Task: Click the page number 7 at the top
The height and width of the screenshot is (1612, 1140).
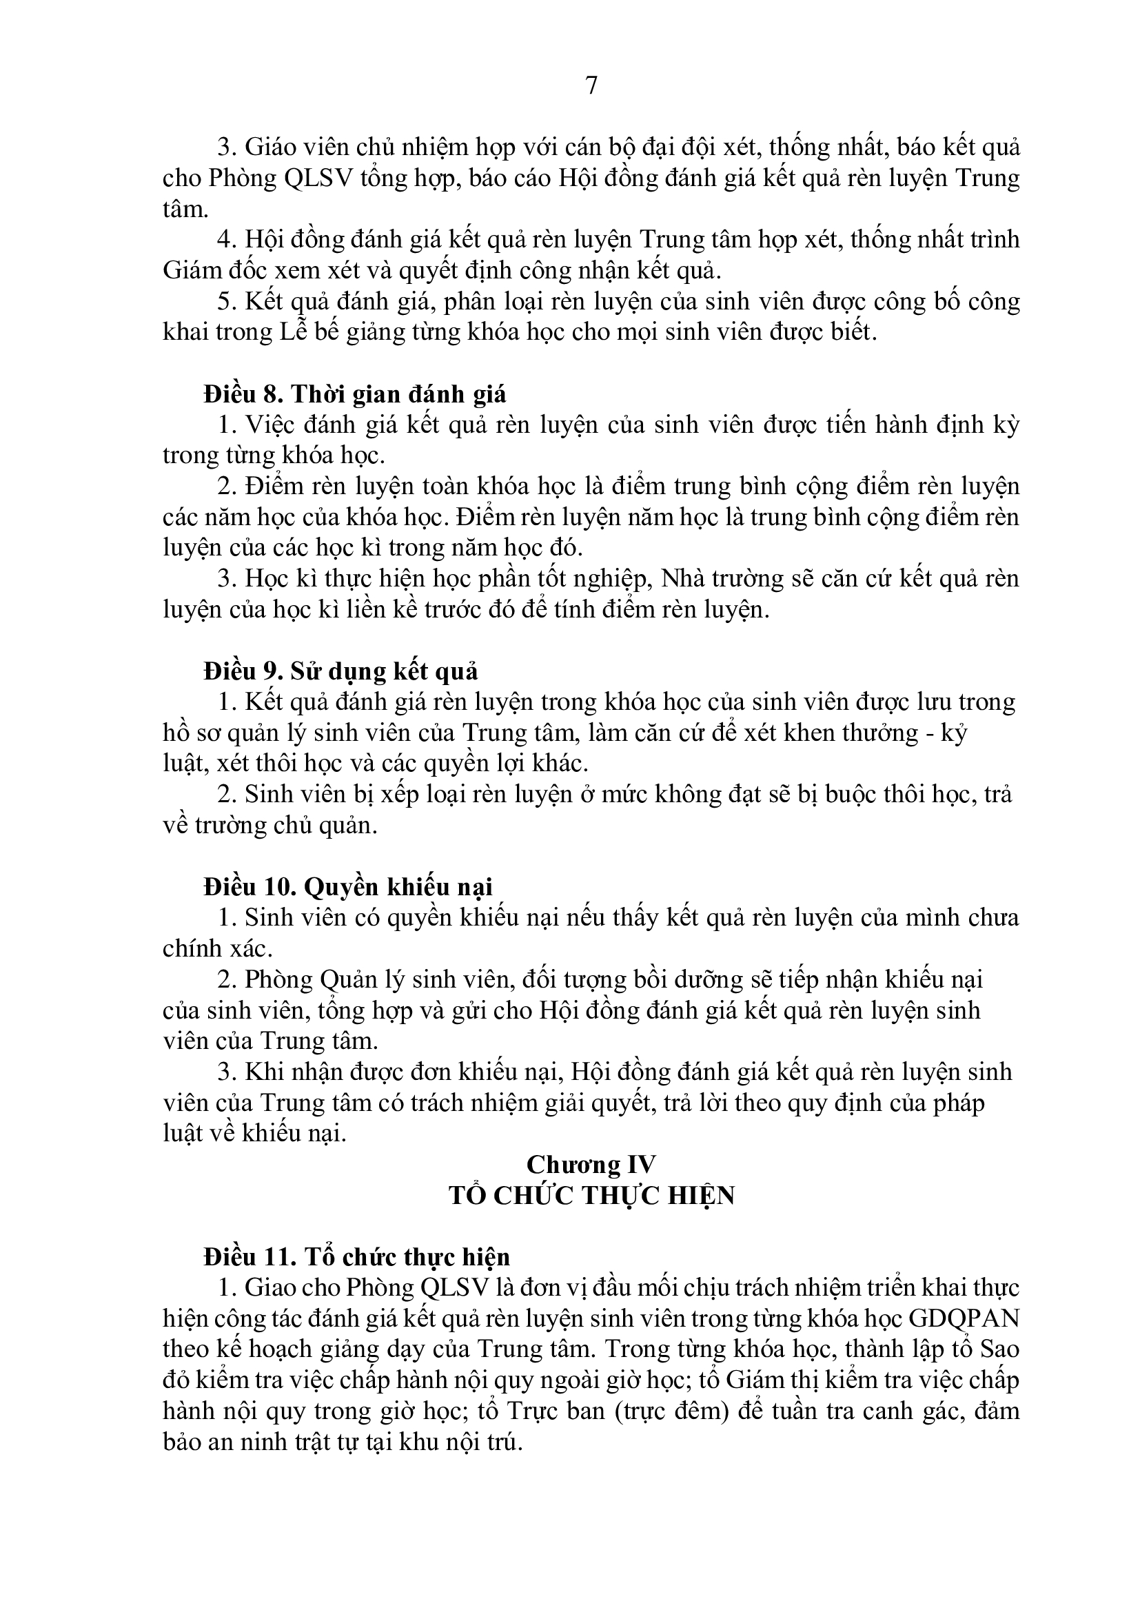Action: [591, 85]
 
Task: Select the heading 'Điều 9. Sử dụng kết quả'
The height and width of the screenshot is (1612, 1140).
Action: [340, 672]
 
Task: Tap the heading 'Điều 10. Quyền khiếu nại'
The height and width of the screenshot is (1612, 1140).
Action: [348, 888]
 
